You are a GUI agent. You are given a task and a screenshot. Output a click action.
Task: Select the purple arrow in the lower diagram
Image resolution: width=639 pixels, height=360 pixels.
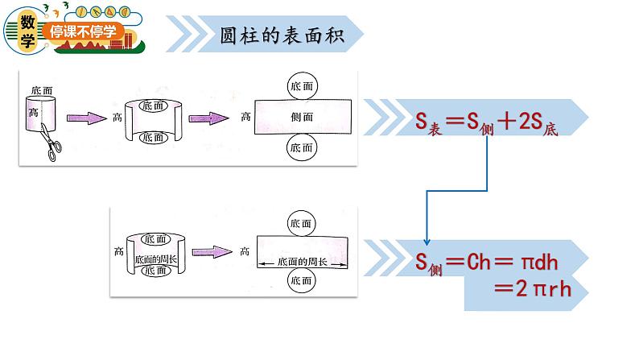coord(208,251)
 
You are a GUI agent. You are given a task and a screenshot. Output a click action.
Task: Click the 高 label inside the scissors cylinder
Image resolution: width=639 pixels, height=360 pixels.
coord(33,112)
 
